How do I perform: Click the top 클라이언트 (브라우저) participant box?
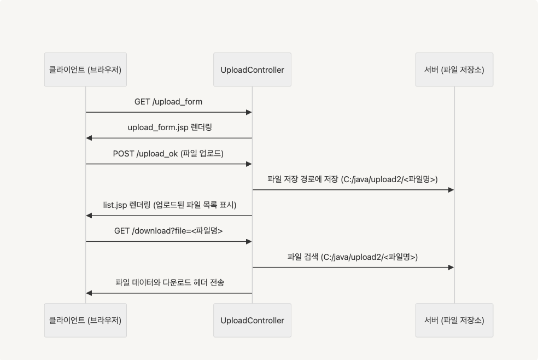tap(85, 69)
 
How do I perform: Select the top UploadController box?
tap(252, 69)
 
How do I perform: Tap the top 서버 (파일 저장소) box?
tap(454, 69)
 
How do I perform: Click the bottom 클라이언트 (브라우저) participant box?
tap(85, 320)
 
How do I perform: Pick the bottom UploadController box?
tap(252, 320)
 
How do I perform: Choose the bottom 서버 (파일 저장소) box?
tap(454, 320)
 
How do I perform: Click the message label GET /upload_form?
tap(168, 102)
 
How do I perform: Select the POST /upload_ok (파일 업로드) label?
tap(168, 153)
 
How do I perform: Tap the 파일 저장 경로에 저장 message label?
tap(353, 179)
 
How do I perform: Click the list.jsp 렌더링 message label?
tap(169, 205)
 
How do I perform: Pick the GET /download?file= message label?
tap(168, 231)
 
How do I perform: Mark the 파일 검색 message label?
tap(353, 257)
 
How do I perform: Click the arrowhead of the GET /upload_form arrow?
tap(249, 112)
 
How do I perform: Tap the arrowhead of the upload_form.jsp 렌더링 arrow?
tap(89, 138)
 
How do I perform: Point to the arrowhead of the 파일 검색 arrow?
tap(451, 268)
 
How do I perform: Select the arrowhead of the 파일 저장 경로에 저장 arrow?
tap(451, 190)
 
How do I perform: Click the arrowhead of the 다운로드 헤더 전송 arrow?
tap(89, 293)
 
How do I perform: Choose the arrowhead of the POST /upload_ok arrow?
tap(249, 164)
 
